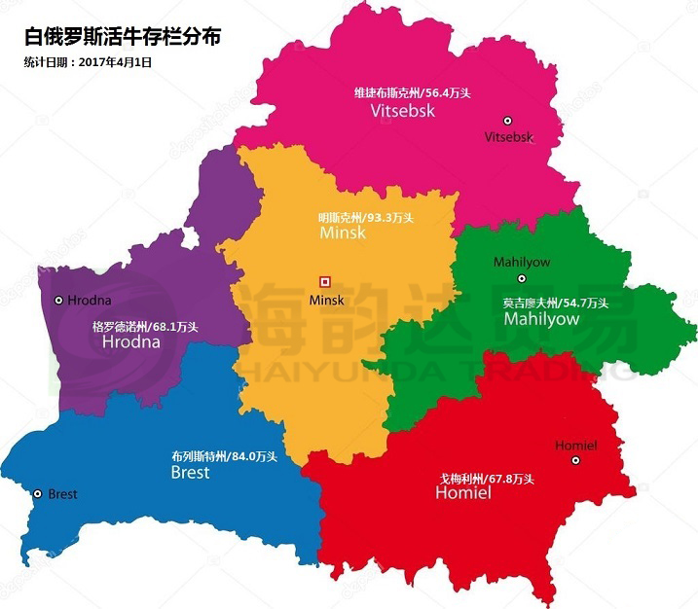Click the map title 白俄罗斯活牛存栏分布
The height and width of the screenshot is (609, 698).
(x=122, y=37)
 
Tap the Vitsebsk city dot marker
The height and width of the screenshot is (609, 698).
(x=507, y=121)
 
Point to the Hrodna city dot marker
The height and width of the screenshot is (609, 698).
(x=58, y=301)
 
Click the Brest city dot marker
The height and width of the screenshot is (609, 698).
(x=37, y=494)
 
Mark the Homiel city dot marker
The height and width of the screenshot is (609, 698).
(x=575, y=460)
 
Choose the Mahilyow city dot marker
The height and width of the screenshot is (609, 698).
(x=521, y=278)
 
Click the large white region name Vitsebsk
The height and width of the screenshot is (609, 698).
(x=402, y=111)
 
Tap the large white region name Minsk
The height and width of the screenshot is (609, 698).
(x=342, y=233)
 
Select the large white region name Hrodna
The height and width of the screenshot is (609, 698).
(x=130, y=342)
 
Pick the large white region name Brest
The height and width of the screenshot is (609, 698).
(x=190, y=473)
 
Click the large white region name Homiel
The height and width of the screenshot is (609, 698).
(x=463, y=494)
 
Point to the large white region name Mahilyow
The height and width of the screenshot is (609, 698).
(x=541, y=319)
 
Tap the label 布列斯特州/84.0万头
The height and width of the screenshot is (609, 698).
(x=224, y=456)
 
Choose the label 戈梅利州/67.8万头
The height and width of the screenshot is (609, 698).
(x=486, y=479)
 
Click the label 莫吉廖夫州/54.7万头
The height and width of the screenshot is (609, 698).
(x=555, y=303)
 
